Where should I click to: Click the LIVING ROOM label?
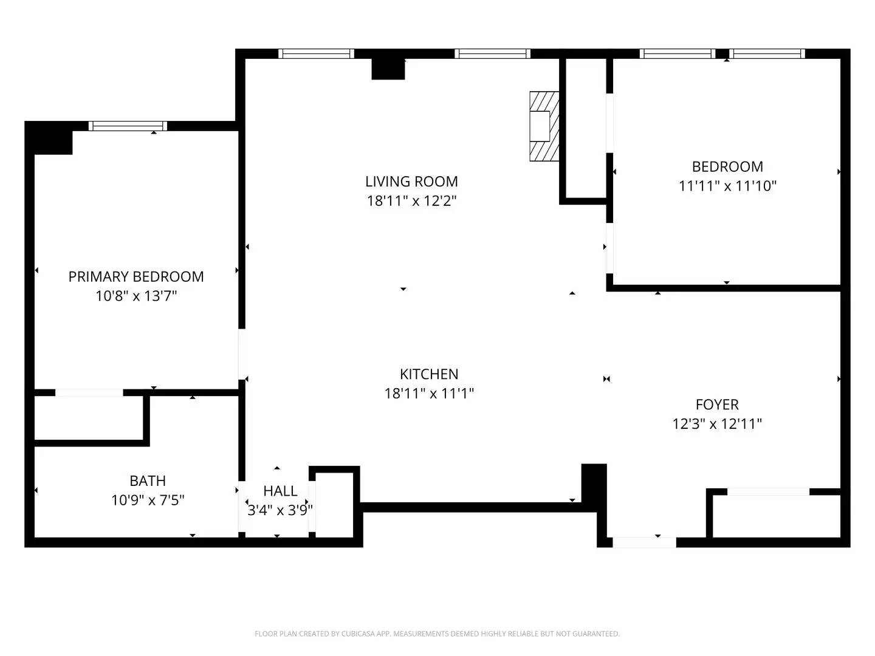coord(411,181)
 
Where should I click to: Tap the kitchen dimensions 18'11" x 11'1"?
coord(429,393)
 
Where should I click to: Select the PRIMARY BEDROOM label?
coord(136,276)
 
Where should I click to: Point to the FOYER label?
coord(717,404)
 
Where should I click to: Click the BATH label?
coord(148,480)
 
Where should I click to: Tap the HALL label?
coord(280,490)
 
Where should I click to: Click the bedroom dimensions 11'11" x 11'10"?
coord(727,186)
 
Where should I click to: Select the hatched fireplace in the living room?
coord(544,126)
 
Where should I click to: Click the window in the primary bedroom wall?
coord(128,126)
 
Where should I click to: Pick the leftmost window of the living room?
coord(316,53)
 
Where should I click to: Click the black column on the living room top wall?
coord(388,69)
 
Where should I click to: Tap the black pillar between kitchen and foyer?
coord(594,483)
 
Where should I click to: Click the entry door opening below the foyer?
coord(644,542)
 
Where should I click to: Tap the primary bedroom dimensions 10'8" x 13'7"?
coord(136,296)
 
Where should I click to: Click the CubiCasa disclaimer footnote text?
coord(437,634)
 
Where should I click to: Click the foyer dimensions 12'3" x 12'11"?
coord(717,423)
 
